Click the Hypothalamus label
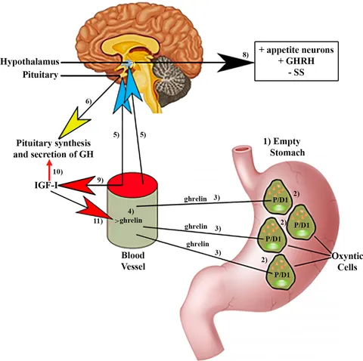(29, 62)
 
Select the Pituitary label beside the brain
(40, 75)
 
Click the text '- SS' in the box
(296, 73)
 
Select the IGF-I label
(46, 186)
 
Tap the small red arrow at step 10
(49, 170)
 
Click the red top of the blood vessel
(132, 183)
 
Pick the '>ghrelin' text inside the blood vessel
(128, 221)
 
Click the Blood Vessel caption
(133, 261)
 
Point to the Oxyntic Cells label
(347, 261)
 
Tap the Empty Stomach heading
(284, 147)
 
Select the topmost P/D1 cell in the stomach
(278, 197)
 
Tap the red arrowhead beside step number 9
(78, 186)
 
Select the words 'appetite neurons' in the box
(300, 50)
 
